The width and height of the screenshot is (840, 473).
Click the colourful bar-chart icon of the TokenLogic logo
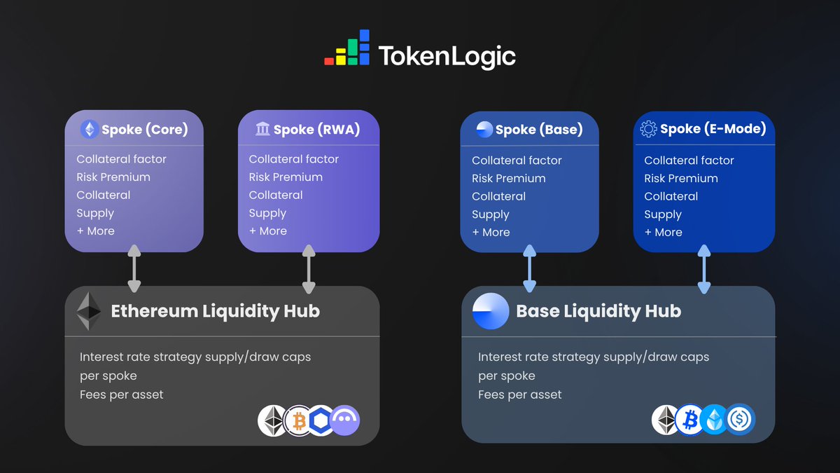[x=346, y=48]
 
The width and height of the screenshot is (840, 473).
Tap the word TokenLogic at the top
[x=447, y=56]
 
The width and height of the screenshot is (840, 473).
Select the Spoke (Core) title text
[x=144, y=130]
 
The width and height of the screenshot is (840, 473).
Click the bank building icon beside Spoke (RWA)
[x=262, y=128]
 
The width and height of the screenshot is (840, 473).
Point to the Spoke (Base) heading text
[x=538, y=130]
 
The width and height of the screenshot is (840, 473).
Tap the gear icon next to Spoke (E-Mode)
[x=648, y=128]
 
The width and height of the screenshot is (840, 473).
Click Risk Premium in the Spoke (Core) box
[x=113, y=177]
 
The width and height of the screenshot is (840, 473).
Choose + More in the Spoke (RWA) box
[x=268, y=231]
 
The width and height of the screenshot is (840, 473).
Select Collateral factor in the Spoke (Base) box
[x=517, y=160]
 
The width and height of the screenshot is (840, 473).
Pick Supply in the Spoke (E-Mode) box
[x=662, y=214]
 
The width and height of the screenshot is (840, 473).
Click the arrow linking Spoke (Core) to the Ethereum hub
[x=134, y=268]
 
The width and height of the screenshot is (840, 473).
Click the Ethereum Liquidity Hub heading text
[x=215, y=311]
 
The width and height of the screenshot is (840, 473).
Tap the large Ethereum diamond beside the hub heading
[x=88, y=311]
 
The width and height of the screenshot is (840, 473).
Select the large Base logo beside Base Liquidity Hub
[x=490, y=311]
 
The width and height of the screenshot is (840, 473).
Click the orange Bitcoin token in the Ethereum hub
[x=299, y=420]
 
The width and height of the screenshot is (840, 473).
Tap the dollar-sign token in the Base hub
[x=739, y=420]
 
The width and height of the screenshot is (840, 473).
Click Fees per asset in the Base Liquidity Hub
[x=519, y=395]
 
